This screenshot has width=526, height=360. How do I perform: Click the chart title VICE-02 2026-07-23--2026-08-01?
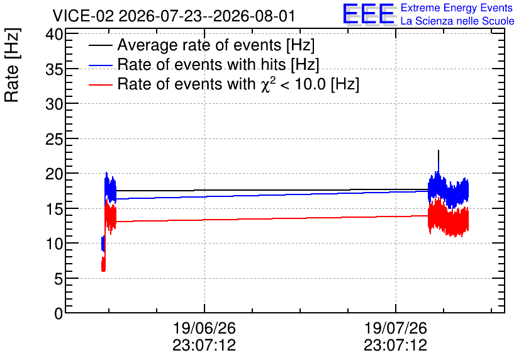pos(174,16)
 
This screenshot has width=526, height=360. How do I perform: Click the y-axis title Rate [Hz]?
pos(12,65)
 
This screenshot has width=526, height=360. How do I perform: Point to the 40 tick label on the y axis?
pos(54,35)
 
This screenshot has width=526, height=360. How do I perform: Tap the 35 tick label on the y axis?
pos(54,70)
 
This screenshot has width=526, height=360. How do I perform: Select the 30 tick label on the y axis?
pos(54,104)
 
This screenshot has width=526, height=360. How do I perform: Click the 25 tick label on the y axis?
pos(54,140)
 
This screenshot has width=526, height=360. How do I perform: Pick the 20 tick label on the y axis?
pos(54,174)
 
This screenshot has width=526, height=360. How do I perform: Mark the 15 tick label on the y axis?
pos(54,210)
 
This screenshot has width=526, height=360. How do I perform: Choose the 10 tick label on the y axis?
pos(54,244)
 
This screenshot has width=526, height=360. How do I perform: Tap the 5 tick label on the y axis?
pos(59,279)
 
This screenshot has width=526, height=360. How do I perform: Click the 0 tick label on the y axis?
pos(59,314)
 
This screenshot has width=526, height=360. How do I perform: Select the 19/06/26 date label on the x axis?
pos(204,328)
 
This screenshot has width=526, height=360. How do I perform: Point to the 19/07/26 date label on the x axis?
pos(396,328)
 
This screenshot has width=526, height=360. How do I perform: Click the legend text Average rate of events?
pos(199,45)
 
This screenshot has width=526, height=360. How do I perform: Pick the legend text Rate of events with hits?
pos(201,64)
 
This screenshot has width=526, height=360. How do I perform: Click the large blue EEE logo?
pos(369,14)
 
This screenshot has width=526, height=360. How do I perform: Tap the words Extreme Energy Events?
pos(457,8)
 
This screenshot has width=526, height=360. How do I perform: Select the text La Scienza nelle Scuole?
pos(457,21)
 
